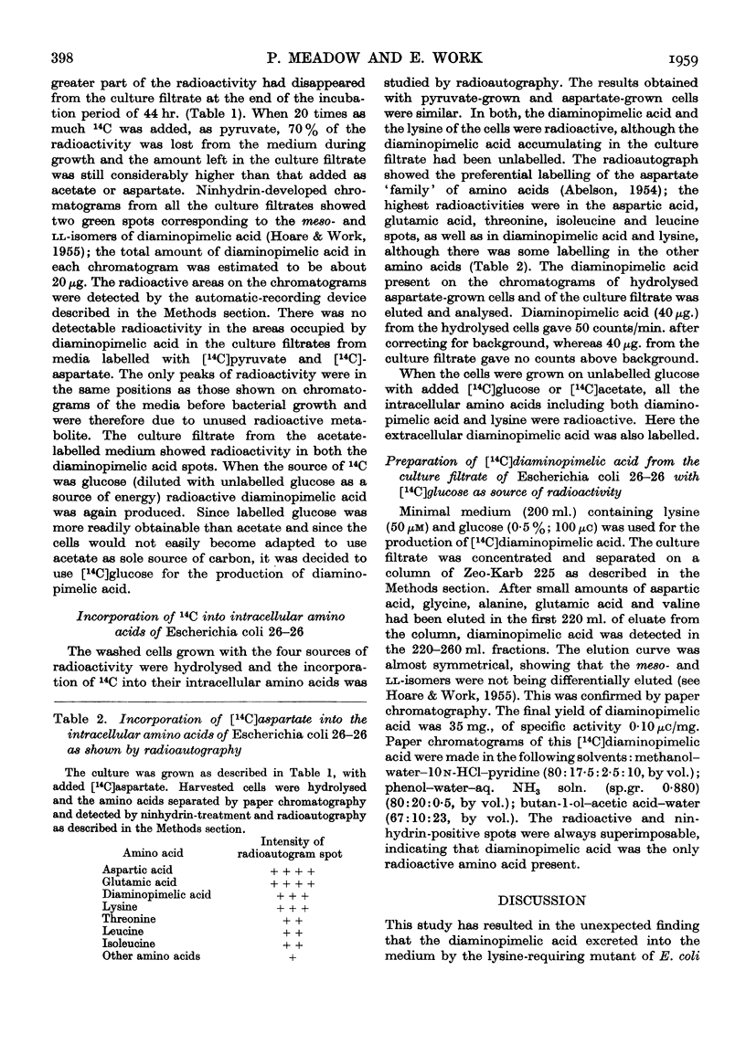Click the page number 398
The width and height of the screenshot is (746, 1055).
(x=74, y=36)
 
